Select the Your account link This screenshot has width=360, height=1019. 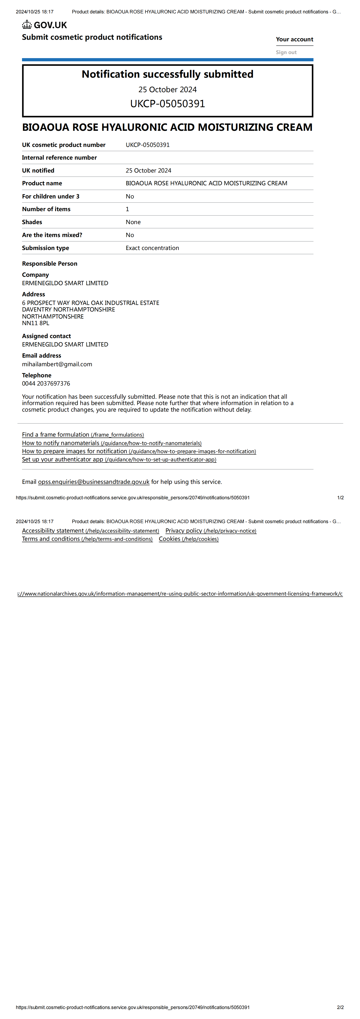tap(294, 39)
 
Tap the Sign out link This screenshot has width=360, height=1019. tap(286, 52)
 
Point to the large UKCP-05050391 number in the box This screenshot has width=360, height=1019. tap(167, 104)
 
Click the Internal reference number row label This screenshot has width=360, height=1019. tap(59, 157)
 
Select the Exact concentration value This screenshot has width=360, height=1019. tap(152, 248)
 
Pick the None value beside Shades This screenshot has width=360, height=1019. tap(133, 222)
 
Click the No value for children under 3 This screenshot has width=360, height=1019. tap(130, 196)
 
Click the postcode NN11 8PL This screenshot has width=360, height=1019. tap(36, 323)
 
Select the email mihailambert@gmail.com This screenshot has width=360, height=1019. tap(57, 364)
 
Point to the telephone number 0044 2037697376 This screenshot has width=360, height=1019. tap(46, 383)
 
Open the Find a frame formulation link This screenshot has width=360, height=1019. tap(83, 434)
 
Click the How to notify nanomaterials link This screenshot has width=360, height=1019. tap(111, 443)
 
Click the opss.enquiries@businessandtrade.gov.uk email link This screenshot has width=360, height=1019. tap(93, 482)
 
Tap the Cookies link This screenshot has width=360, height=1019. tap(188, 539)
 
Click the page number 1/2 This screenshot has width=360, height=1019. tap(340, 498)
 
